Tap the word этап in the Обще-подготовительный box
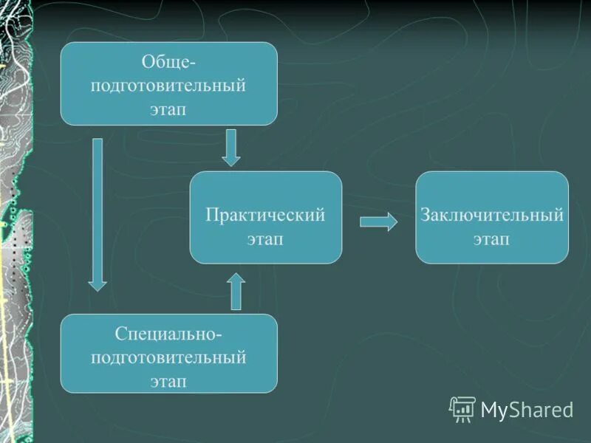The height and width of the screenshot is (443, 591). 168,109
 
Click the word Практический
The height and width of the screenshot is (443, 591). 265,216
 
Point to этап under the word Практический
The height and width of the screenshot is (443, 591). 265,239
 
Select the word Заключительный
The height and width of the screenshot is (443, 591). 492,216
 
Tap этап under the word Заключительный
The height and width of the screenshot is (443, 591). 492,239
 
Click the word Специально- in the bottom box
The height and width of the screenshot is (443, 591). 168,334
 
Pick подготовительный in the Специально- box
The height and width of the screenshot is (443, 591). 168,357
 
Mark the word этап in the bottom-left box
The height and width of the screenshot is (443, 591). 168,381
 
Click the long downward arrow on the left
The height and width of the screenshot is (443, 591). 98,214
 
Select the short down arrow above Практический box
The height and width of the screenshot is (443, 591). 231,147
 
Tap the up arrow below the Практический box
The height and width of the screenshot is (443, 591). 236,291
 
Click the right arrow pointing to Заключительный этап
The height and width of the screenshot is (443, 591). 378,222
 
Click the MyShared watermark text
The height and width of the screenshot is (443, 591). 527,409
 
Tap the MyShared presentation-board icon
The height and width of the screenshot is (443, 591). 462,409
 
